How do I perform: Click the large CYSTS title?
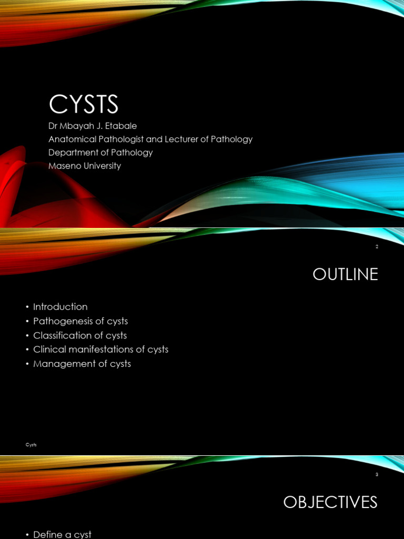point(84,104)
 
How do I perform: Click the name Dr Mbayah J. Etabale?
point(93,126)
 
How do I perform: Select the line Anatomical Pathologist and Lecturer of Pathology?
point(150,139)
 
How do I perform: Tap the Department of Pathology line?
point(100,153)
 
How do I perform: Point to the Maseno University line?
point(85,166)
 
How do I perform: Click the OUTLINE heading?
point(345,274)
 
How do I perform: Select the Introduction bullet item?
point(60,307)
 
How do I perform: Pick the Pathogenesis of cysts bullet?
point(80,321)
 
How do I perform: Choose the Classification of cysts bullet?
point(80,335)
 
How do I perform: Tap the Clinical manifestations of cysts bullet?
point(100,350)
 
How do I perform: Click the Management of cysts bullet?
point(82,364)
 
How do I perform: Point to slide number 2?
point(377,246)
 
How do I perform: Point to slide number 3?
point(377,474)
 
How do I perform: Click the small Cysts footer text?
point(32,445)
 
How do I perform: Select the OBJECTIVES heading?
point(330,502)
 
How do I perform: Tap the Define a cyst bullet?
point(62,534)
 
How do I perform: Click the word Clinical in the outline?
point(48,350)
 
